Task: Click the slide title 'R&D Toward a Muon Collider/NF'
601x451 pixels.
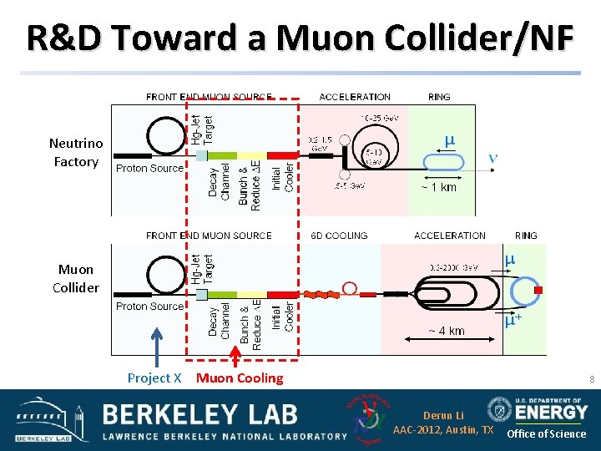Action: click(x=300, y=38)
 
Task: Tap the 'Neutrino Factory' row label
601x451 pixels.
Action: click(x=76, y=153)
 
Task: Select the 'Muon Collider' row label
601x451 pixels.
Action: click(x=76, y=278)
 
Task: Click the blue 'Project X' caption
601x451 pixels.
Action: click(x=154, y=378)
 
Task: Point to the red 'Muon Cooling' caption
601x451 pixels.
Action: click(x=240, y=378)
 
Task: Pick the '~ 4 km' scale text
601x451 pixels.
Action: click(x=446, y=331)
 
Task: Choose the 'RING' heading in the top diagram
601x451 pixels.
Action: click(x=439, y=97)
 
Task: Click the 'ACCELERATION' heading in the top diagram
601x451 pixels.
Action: click(x=355, y=97)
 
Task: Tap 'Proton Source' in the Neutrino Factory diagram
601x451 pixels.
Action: click(x=149, y=168)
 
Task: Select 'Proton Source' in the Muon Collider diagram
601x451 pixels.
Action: click(x=149, y=307)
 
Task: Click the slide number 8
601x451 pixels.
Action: click(x=591, y=380)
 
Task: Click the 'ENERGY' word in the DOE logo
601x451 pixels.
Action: click(x=552, y=412)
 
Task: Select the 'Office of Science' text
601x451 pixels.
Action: click(x=547, y=433)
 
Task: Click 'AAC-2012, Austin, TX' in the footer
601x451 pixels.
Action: click(x=443, y=430)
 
